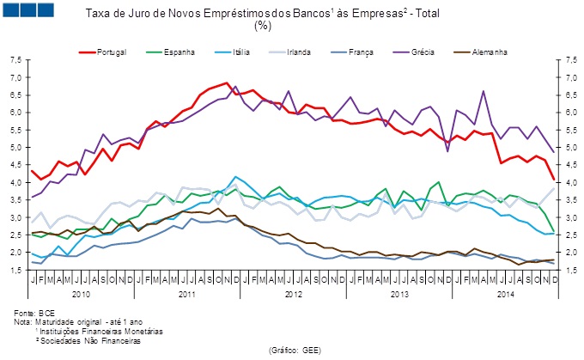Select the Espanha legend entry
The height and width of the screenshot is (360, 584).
point(178,52)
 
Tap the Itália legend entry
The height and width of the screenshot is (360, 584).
point(240,52)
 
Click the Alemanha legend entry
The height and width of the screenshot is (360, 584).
point(488,52)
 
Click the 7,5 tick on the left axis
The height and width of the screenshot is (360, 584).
point(15,60)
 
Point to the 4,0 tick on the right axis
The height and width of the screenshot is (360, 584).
point(568,183)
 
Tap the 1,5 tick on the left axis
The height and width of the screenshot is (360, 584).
point(15,271)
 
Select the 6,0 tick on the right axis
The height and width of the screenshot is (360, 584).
point(568,113)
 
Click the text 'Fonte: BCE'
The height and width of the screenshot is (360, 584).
point(33,314)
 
